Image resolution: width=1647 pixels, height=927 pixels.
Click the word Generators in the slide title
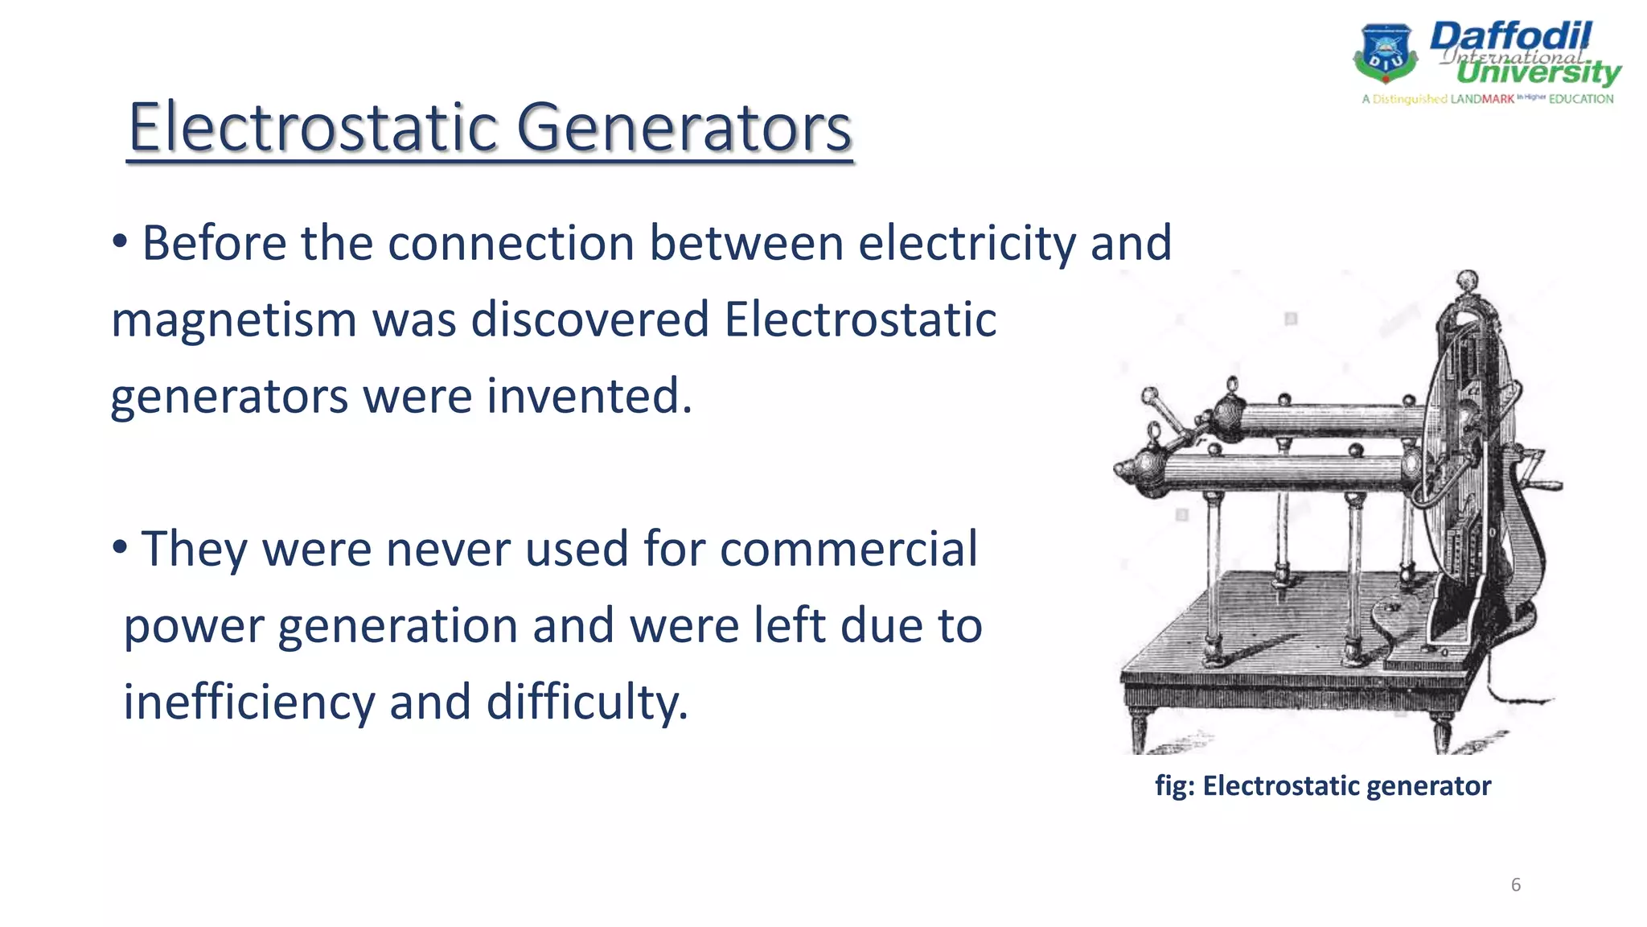684,127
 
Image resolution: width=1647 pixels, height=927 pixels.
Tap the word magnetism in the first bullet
233,320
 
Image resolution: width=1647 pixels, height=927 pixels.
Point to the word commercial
848,550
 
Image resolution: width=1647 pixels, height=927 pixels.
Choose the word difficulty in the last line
587,702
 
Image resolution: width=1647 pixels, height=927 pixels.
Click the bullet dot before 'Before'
120,241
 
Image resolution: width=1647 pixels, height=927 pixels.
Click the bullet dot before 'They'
120,548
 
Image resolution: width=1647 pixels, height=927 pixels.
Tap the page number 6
1515,884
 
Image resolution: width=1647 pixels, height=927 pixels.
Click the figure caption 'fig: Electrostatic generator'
1323,785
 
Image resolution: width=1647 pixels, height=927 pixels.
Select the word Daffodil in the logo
1509,36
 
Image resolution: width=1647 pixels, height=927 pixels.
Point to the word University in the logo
1538,73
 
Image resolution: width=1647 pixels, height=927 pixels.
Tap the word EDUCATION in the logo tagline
1580,99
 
